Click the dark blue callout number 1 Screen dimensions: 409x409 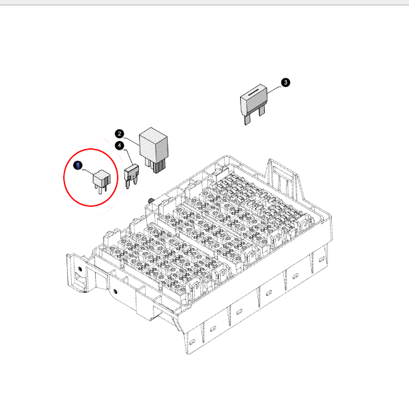click(x=78, y=166)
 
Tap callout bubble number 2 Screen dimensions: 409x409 click(x=120, y=134)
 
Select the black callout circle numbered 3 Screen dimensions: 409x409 click(x=285, y=82)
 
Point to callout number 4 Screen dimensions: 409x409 click(x=120, y=146)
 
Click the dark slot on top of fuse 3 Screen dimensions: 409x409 click(x=253, y=92)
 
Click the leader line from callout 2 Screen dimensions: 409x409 click(x=132, y=142)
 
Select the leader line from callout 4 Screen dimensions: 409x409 click(x=130, y=157)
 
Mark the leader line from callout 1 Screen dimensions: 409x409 click(x=88, y=172)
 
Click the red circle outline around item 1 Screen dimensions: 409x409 click(x=64, y=178)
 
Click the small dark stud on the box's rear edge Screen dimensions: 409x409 click(x=151, y=201)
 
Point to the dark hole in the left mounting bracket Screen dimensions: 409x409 click(x=79, y=269)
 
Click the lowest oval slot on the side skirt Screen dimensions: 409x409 click(x=192, y=342)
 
